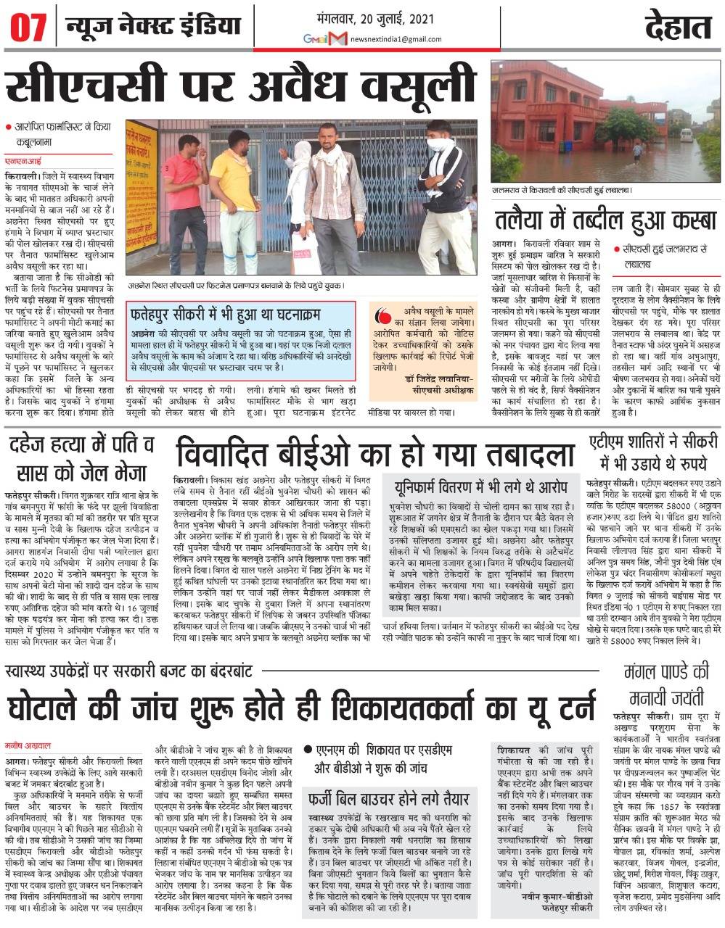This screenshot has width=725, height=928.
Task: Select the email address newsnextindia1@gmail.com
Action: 395,39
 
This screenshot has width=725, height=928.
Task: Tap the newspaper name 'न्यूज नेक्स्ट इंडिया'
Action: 152,28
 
